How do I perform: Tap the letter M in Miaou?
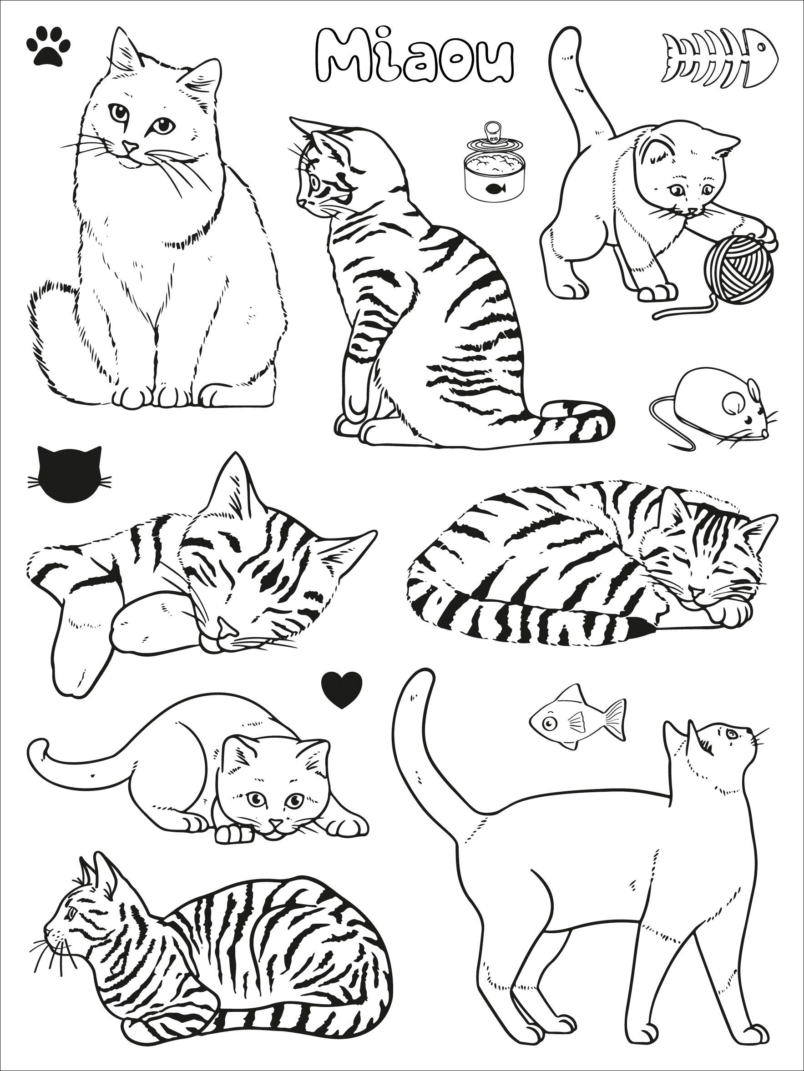coord(337,60)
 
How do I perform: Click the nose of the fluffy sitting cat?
coord(129,145)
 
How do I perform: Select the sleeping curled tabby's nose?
coord(696,593)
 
